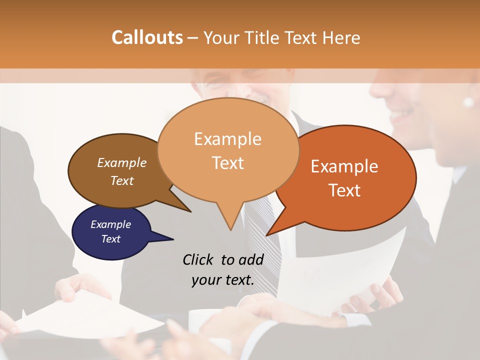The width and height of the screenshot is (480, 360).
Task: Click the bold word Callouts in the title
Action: tap(147, 37)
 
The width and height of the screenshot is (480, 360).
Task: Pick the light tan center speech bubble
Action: tap(228, 150)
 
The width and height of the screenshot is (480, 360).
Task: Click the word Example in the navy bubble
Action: tap(110, 224)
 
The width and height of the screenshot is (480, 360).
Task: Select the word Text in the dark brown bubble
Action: tap(122, 181)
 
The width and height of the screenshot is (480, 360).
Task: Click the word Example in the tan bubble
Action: tap(227, 139)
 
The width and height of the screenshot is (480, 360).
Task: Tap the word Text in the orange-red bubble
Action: tap(345, 190)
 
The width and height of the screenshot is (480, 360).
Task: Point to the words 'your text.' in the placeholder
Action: tap(223, 280)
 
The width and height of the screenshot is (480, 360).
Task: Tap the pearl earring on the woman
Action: tap(468, 102)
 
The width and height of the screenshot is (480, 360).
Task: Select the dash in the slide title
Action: tap(193, 38)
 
